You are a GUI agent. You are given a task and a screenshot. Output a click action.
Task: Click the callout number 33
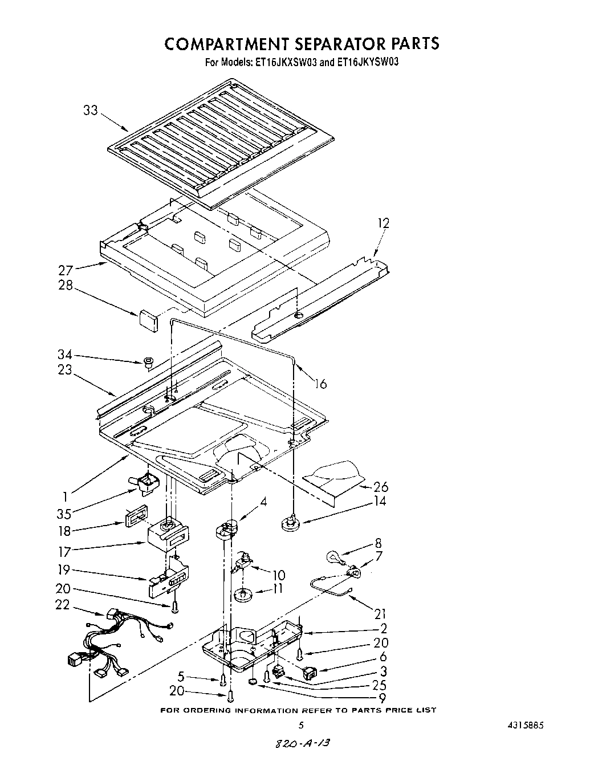pos(91,110)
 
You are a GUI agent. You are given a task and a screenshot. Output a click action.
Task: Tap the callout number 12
pos(383,223)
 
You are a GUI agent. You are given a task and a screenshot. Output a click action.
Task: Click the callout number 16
pos(321,384)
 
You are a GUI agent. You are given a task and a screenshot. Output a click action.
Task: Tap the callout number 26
pos(380,486)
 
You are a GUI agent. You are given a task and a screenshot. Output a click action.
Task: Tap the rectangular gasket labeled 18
pos(136,513)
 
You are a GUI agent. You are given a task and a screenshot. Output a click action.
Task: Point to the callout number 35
pos(64,514)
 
